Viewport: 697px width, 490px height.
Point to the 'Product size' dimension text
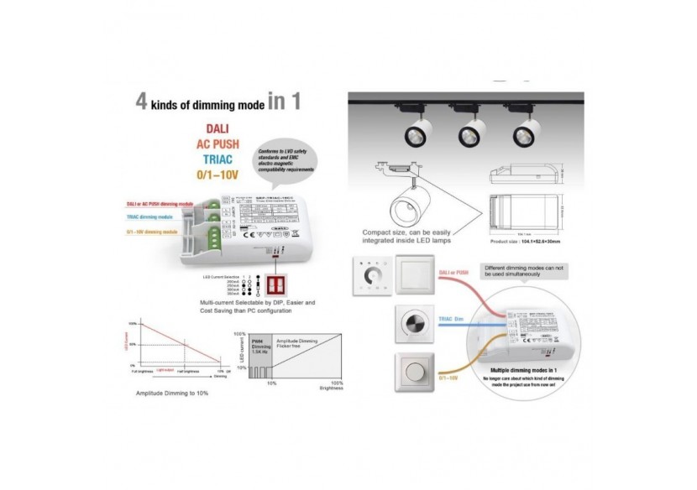point(525,240)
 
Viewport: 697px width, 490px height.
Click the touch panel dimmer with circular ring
point(371,276)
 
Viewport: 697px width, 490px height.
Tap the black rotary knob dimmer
point(416,324)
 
